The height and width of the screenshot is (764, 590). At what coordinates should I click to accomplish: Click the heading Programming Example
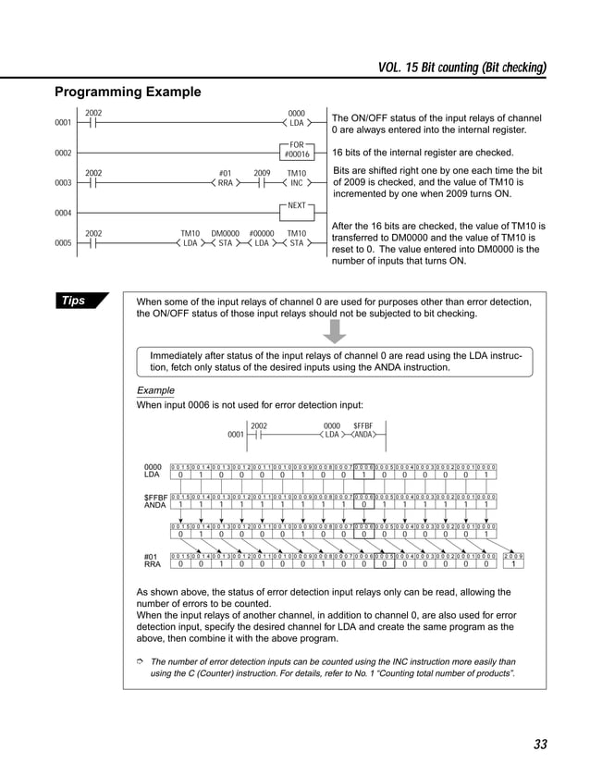[x=127, y=92]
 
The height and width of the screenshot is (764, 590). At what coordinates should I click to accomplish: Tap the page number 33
[x=540, y=745]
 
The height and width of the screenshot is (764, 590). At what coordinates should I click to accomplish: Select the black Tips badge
[x=80, y=301]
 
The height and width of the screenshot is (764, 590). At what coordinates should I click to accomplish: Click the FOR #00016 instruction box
[x=297, y=151]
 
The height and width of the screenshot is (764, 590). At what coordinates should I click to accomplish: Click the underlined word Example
[x=155, y=390]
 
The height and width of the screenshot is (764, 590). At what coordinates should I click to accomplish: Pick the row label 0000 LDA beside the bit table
[x=153, y=472]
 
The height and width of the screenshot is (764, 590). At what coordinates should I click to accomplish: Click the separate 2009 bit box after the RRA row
[x=514, y=561]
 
